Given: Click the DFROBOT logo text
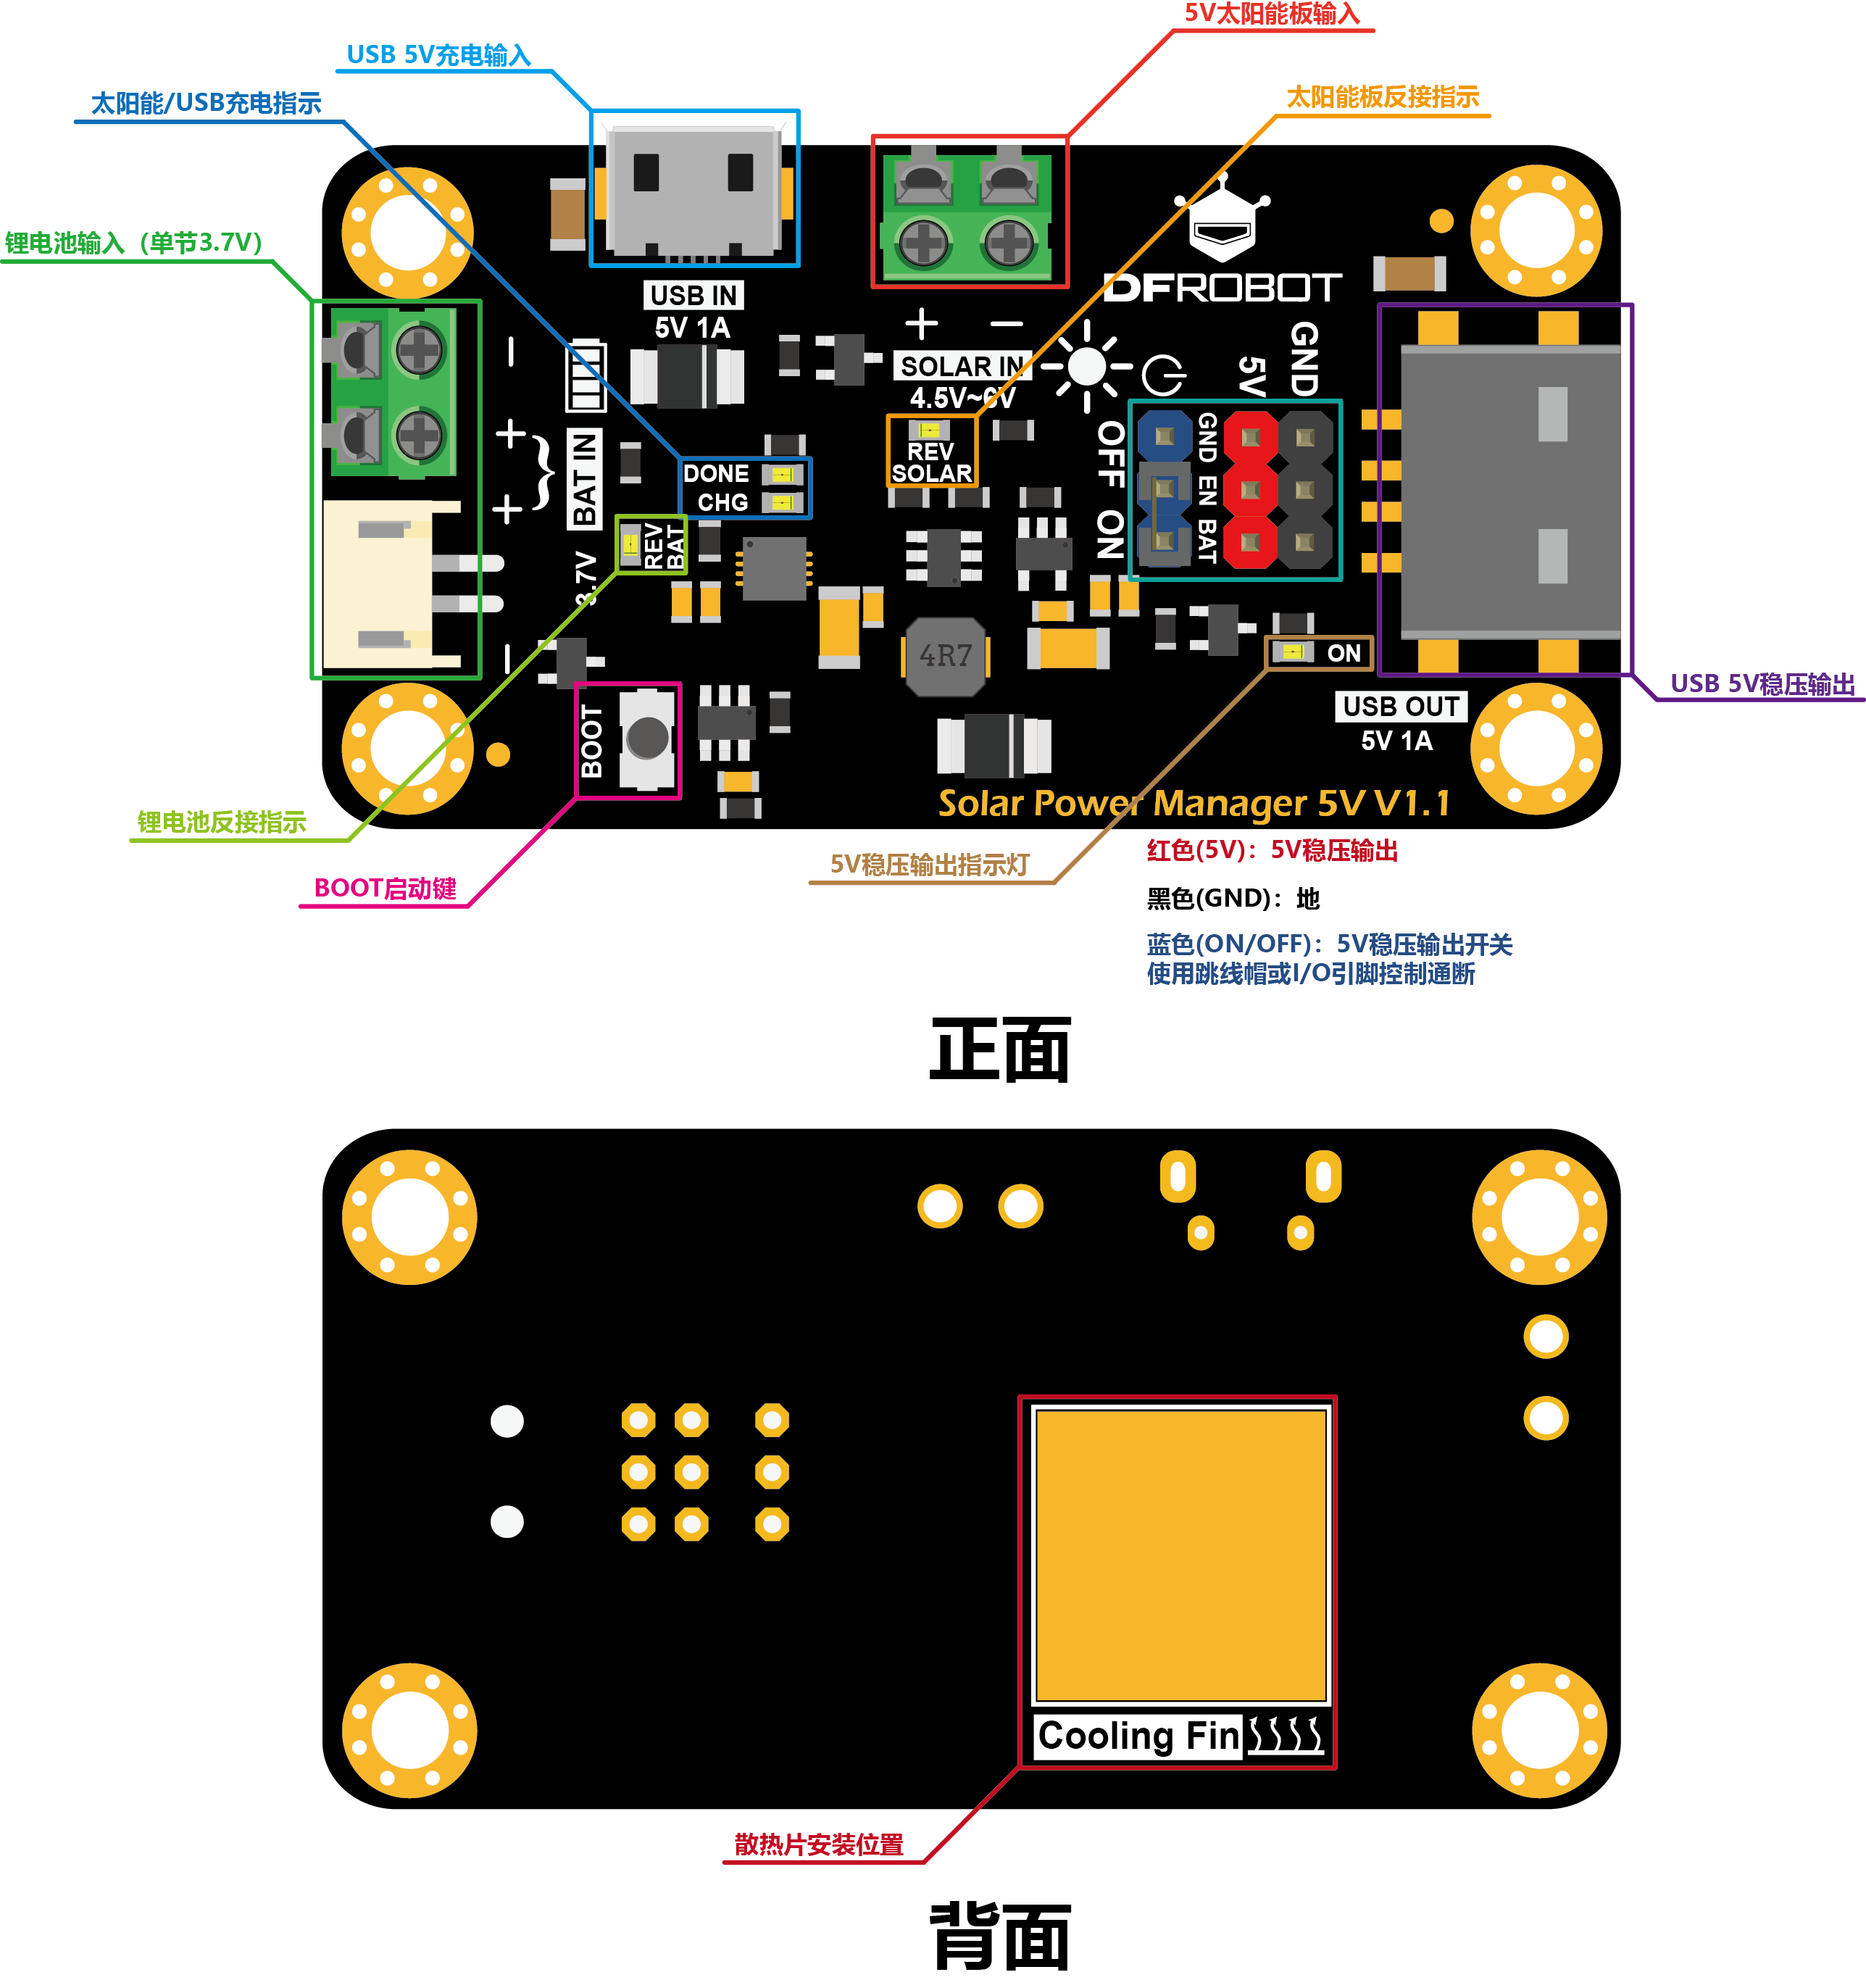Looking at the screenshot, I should tap(1222, 288).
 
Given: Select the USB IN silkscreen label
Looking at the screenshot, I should tap(693, 296).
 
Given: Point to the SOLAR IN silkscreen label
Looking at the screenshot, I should tap(961, 367).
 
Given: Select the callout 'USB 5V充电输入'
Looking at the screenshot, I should tap(438, 55).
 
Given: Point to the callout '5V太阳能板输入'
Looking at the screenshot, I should tap(1272, 14).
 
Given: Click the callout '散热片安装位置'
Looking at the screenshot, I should tap(818, 1844).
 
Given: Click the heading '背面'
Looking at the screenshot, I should tap(1000, 1937).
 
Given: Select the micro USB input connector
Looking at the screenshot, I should tap(694, 189).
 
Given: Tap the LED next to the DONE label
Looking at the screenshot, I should tap(782, 474).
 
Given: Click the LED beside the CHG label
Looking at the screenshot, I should tap(782, 502).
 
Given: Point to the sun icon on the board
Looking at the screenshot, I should tap(1086, 367).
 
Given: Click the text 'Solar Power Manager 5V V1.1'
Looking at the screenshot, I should tap(1193, 803).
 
